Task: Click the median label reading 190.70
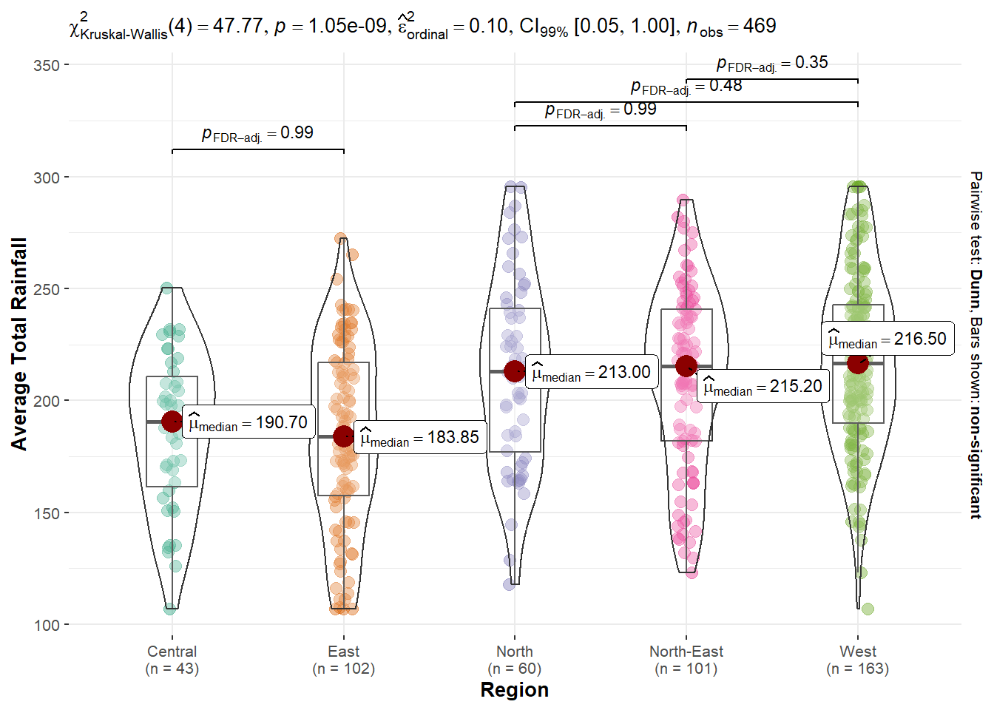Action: (248, 422)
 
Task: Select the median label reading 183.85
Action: (420, 437)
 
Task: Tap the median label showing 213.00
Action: (592, 372)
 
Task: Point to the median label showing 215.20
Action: (763, 387)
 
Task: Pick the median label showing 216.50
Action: (887, 339)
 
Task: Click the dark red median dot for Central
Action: (172, 422)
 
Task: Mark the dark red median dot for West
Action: (858, 363)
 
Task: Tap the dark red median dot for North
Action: (515, 371)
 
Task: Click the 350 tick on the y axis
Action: (47, 66)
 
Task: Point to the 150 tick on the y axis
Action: (47, 513)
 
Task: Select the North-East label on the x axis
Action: (686, 652)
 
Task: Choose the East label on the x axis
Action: (344, 652)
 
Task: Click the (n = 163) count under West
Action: (858, 669)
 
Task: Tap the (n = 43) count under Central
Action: (172, 669)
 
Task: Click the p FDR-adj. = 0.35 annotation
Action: (772, 64)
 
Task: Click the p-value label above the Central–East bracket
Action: (257, 134)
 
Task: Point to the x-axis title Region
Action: (515, 690)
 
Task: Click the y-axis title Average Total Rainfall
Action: (19, 344)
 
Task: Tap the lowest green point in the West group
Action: (868, 609)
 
